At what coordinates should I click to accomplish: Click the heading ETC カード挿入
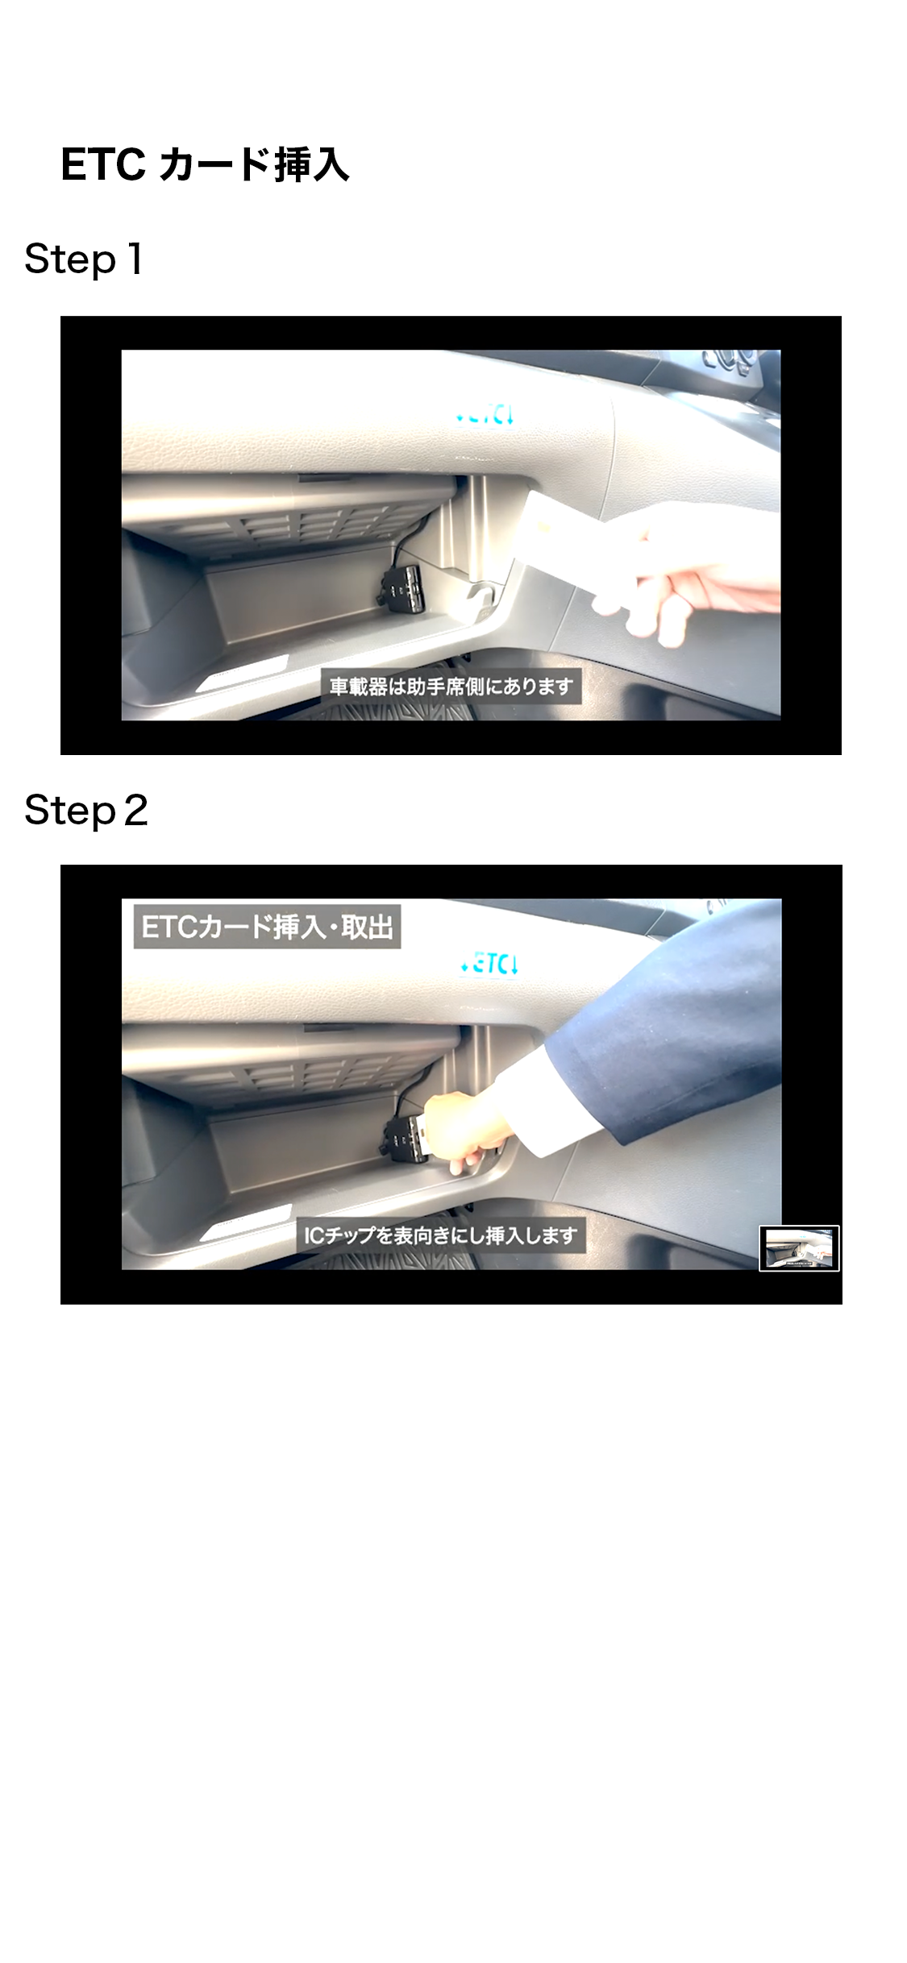205,165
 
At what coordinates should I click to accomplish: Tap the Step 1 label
84,259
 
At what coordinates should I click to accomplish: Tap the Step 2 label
86,810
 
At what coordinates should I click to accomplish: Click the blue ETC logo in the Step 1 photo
485,415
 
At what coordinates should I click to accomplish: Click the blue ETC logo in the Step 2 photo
489,964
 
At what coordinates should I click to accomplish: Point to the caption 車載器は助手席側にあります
451,687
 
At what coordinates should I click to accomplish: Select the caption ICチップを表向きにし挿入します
440,1235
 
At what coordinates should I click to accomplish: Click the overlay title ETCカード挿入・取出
267,927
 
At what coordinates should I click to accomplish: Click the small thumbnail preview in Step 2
799,1248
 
